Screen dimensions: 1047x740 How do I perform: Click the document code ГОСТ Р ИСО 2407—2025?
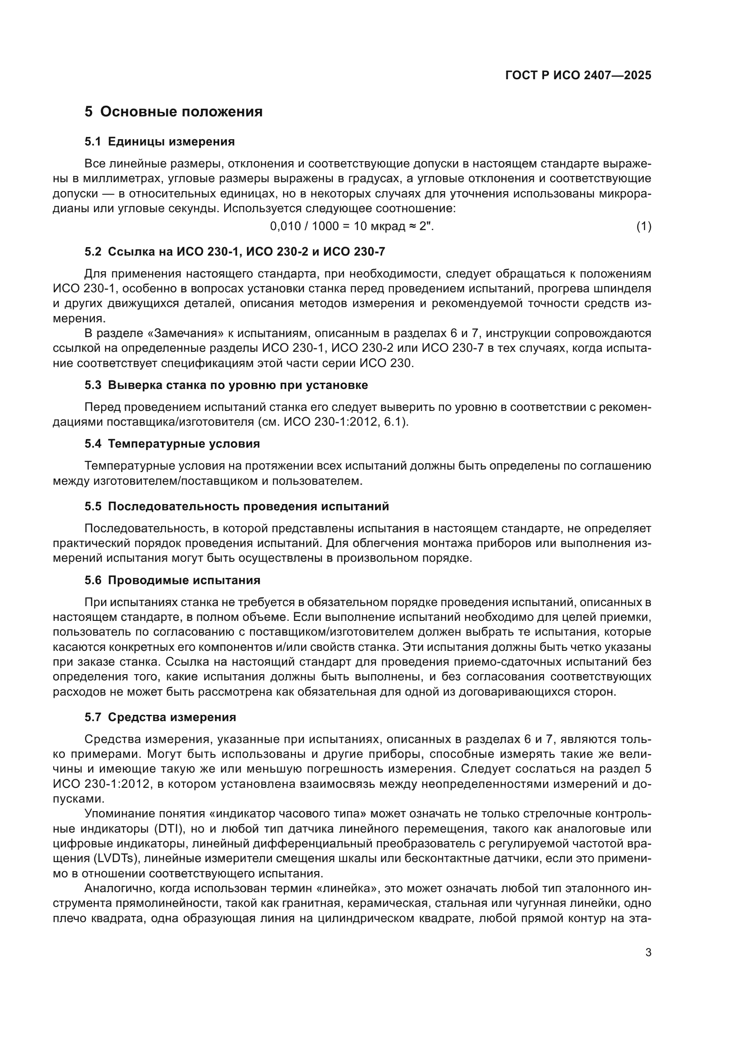[578, 76]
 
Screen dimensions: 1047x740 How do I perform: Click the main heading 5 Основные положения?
[174, 112]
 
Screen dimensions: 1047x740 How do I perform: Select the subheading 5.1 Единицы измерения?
[159, 142]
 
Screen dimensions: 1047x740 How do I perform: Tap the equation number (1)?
[643, 226]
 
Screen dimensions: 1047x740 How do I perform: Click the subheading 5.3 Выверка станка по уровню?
[226, 385]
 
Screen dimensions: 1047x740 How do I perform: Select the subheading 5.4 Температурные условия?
[172, 444]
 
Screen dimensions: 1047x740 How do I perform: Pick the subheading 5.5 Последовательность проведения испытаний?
[237, 507]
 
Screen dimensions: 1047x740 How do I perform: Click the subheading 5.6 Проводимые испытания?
[172, 581]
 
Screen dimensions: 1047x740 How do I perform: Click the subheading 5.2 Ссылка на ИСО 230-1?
[235, 252]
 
